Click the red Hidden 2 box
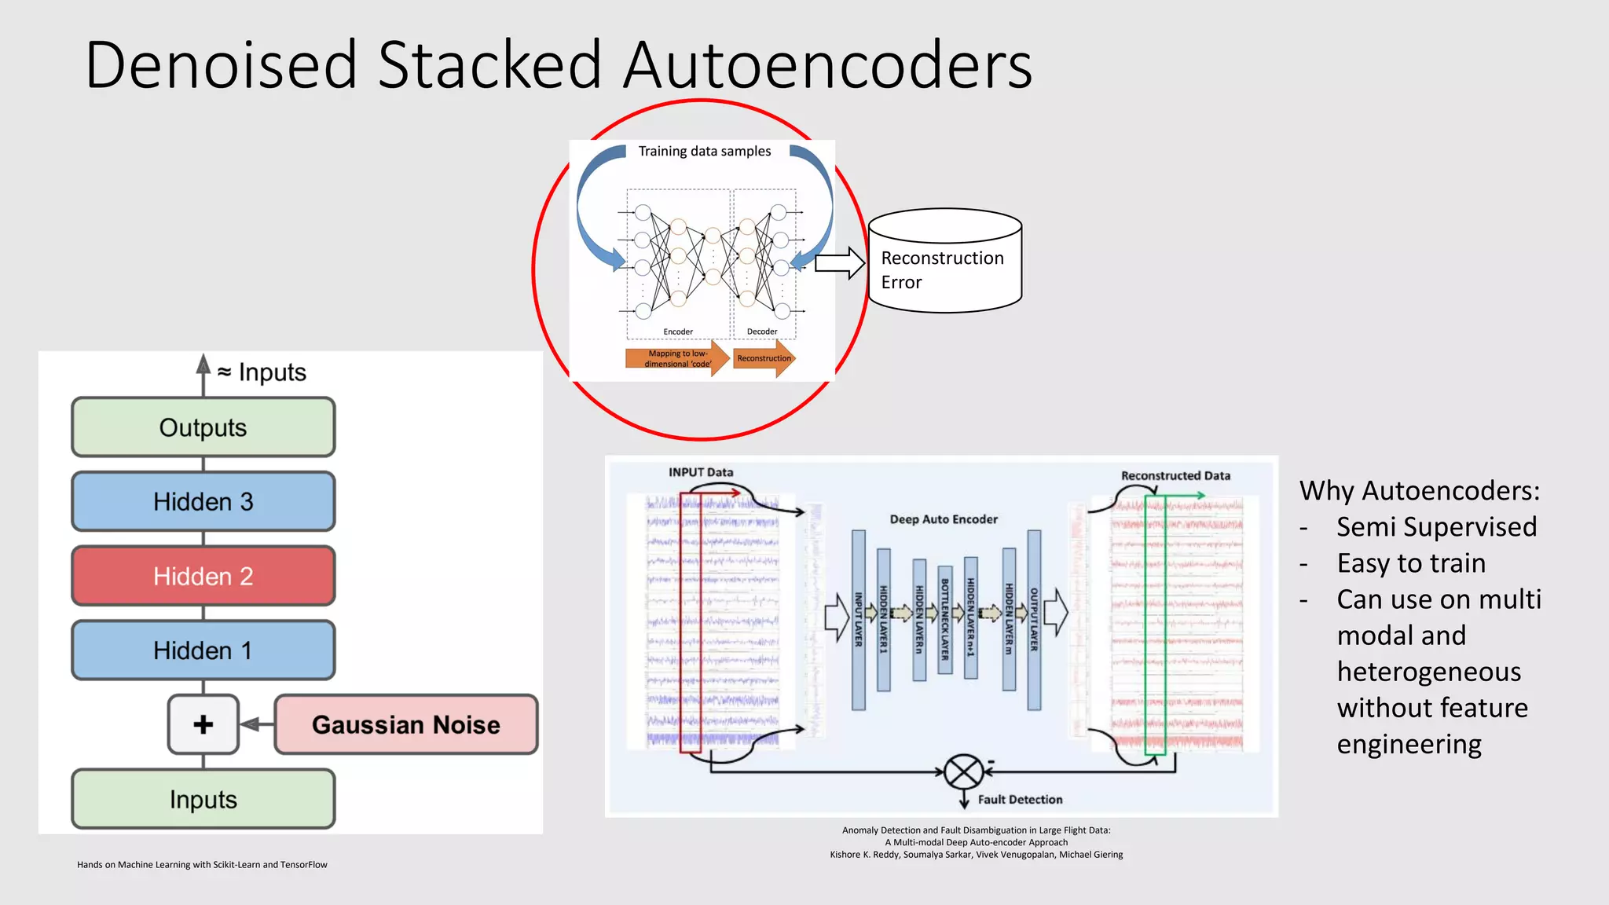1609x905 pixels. point(203,576)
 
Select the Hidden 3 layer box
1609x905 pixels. point(203,501)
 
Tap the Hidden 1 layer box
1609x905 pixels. point(203,650)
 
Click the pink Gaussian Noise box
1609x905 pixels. point(405,724)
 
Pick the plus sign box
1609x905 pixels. point(203,724)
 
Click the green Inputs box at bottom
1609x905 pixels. point(203,799)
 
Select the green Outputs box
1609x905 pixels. point(203,427)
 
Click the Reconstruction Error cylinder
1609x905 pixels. point(944,263)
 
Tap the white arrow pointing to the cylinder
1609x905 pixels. point(839,263)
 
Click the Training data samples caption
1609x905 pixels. point(704,151)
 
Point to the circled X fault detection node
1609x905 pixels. point(964,771)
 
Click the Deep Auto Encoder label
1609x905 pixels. point(943,519)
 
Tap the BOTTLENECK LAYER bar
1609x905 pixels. point(945,619)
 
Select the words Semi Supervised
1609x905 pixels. point(1436,526)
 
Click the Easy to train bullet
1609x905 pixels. point(1411,563)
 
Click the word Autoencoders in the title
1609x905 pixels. point(827,65)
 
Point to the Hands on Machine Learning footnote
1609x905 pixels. point(202,864)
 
